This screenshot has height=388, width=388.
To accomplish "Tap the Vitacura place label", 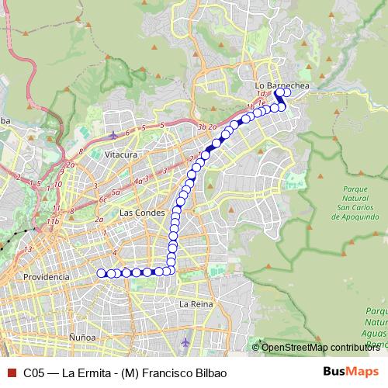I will [x=121, y=154].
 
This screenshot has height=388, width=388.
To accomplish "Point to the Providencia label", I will [x=46, y=276].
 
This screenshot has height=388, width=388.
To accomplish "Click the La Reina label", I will [x=196, y=304].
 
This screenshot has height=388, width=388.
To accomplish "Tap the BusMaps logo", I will [x=348, y=372].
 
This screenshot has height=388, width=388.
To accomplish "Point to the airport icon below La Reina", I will [x=185, y=341].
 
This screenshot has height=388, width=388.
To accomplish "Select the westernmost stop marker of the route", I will [x=100, y=272].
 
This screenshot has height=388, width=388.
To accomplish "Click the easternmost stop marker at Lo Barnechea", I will [x=287, y=92].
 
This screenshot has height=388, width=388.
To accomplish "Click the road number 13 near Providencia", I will [x=28, y=248].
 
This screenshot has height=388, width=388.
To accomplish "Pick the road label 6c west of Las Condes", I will [x=102, y=199].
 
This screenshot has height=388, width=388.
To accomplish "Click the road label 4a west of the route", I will [x=138, y=181].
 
